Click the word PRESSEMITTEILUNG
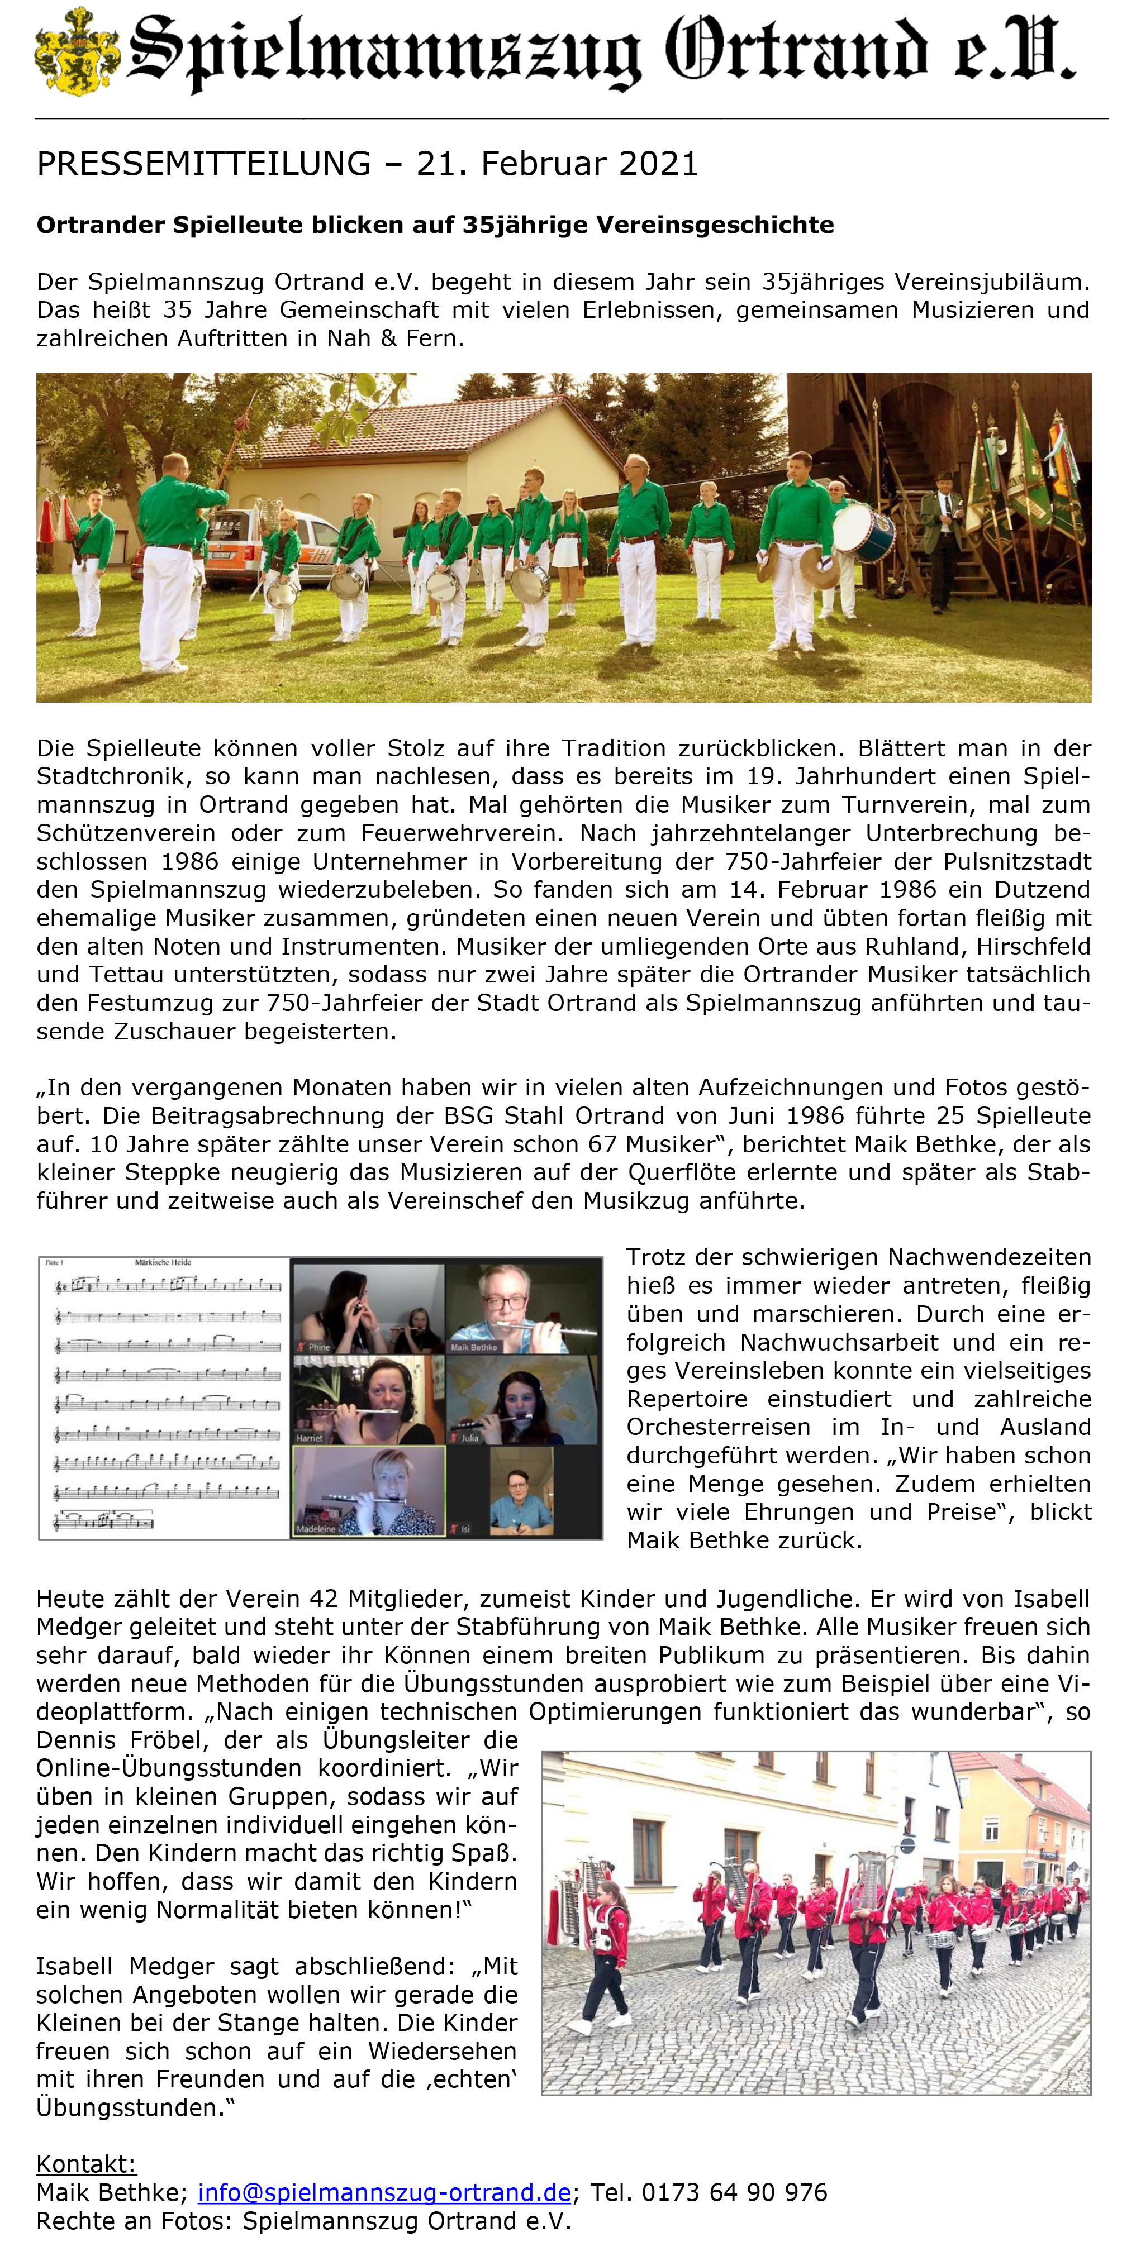click(x=203, y=164)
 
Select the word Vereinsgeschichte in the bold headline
click(x=715, y=225)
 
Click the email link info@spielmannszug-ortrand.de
click(x=384, y=2192)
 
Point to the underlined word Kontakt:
click(x=86, y=2164)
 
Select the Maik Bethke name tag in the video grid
click(x=474, y=1347)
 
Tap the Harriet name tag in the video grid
click(x=309, y=1437)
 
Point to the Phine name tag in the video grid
click(x=318, y=1347)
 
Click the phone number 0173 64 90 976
click(x=734, y=2192)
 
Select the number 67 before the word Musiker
click(x=602, y=1144)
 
